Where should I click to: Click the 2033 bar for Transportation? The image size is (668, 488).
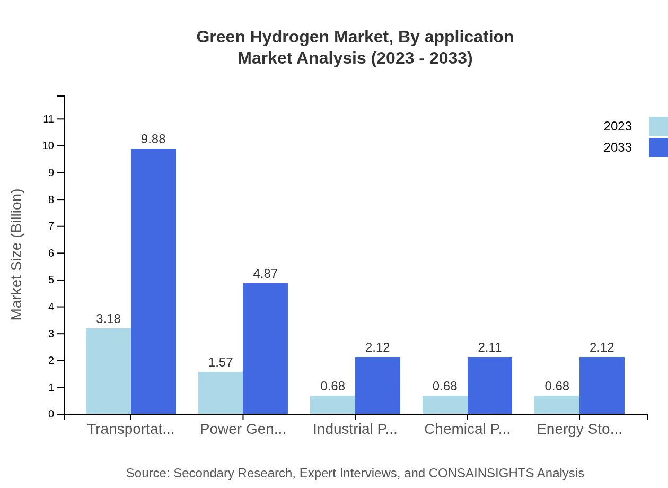(x=153, y=281)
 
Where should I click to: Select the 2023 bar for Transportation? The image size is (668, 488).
(x=108, y=371)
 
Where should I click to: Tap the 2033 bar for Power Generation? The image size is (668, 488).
(x=265, y=348)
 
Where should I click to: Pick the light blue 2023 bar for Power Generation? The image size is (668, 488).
(x=221, y=393)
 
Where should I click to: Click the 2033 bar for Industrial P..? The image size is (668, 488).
(x=377, y=386)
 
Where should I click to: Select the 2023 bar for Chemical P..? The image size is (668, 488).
(x=445, y=405)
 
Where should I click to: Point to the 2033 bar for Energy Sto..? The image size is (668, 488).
(x=602, y=386)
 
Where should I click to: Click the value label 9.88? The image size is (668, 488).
(x=153, y=139)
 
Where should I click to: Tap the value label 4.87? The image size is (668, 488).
(x=265, y=274)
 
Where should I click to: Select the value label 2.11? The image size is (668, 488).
(x=490, y=347)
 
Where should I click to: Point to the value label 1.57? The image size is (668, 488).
(x=221, y=362)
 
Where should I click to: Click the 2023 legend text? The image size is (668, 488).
(x=618, y=126)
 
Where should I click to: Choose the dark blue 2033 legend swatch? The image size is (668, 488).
(x=658, y=147)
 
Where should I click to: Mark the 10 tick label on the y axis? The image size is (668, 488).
(x=48, y=146)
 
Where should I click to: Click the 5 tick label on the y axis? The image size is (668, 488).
(x=51, y=280)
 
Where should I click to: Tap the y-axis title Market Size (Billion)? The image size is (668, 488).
(x=17, y=255)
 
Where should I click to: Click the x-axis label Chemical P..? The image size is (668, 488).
(x=467, y=429)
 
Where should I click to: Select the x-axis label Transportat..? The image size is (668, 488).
(x=130, y=429)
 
